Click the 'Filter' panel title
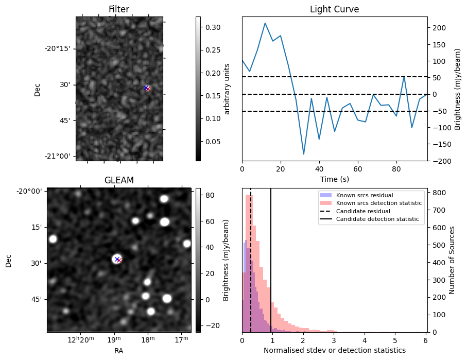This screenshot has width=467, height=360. coord(119,9)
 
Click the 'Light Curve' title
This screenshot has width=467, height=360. coord(334,9)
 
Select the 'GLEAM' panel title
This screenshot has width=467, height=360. coord(119,180)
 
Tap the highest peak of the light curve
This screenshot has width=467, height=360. coord(265,23)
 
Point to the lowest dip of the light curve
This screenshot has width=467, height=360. coord(304,154)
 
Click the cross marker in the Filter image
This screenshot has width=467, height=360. coord(147,88)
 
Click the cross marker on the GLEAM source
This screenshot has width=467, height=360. coord(117,260)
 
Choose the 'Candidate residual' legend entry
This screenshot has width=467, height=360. coord(363,212)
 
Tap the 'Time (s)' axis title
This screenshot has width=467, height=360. coord(334,179)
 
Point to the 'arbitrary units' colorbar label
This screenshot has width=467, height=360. coord(227,89)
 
